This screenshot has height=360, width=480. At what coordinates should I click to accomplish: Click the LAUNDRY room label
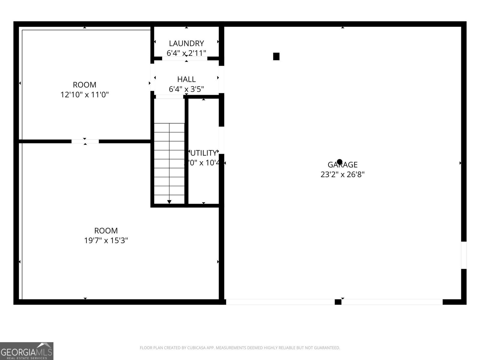186,43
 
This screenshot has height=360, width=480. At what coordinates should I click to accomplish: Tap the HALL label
186,79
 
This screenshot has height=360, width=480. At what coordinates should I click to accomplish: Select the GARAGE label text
342,164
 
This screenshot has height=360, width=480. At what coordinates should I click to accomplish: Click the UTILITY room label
203,153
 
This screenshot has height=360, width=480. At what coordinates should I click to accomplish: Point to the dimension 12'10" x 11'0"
85,95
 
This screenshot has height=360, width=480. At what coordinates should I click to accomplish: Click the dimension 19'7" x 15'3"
106,240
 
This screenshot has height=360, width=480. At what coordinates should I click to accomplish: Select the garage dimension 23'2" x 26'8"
342,174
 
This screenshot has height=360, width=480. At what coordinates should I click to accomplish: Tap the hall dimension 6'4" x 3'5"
186,89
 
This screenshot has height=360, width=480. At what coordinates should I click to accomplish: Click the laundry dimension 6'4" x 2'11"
186,53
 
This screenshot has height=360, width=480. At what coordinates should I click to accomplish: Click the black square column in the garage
276,56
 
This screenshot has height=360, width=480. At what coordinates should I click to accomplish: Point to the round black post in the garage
339,162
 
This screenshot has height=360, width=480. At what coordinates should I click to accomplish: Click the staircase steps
169,159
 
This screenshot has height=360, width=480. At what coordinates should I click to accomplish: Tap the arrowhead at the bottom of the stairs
169,202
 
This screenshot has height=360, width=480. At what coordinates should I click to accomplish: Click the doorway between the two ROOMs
85,141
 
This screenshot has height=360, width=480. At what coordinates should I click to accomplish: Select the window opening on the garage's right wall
464,255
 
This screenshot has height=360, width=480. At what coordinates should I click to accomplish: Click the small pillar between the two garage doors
338,302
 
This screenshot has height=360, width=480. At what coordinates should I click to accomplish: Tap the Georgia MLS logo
26,351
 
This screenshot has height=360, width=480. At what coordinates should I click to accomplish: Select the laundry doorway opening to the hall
184,58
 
